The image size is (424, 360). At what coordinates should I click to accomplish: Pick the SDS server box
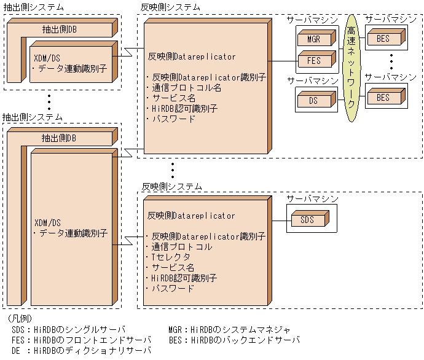(306, 219)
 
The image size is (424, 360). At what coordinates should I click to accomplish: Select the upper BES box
(382, 40)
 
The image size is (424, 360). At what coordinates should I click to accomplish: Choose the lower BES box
(382, 98)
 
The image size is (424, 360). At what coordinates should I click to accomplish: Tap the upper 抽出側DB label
(59, 28)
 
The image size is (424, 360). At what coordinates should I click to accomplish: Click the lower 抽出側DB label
(59, 139)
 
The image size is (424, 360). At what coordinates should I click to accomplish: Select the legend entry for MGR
(230, 330)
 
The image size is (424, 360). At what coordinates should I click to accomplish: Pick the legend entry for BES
(234, 340)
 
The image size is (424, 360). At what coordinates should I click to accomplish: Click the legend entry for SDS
(68, 330)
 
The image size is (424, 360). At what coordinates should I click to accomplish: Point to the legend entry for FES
(77, 340)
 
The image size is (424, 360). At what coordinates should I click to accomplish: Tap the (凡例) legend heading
(17, 319)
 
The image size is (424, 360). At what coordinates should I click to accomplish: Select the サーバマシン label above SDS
(312, 198)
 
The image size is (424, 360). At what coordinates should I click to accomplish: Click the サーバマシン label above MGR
(312, 20)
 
